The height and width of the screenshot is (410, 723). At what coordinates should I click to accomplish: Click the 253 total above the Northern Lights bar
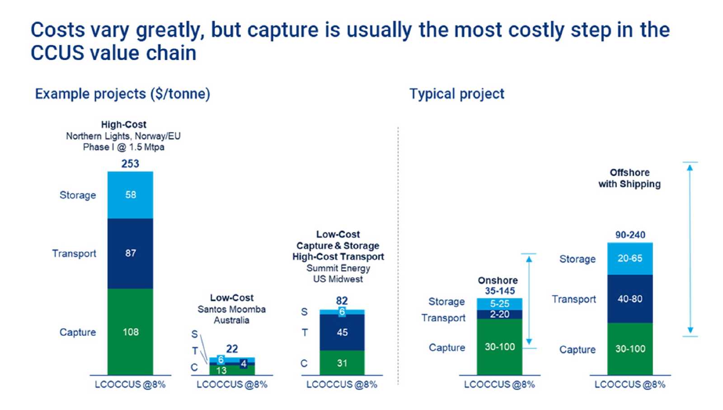(x=130, y=164)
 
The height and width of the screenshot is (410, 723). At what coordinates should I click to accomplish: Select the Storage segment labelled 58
(x=130, y=195)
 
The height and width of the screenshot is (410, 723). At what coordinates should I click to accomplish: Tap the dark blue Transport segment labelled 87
(x=130, y=253)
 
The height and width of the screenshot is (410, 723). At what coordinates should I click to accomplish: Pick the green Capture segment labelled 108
(x=130, y=332)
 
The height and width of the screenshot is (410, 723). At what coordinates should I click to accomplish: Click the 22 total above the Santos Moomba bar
(x=232, y=349)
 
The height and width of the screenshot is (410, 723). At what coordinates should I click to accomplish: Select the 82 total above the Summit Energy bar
(x=342, y=301)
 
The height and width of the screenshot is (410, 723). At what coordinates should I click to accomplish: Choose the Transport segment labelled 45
(x=342, y=332)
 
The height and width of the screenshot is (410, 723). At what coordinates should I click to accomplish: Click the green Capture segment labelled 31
(x=342, y=363)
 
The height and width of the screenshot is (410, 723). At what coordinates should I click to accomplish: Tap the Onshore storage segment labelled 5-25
(x=499, y=304)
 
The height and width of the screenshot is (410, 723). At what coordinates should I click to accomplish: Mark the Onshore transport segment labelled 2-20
(x=499, y=314)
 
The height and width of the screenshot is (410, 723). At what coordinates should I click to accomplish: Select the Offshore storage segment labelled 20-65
(x=630, y=259)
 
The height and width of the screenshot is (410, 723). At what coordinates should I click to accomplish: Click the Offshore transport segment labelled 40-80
(x=630, y=299)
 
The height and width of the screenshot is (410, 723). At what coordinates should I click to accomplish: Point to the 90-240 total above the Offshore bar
(x=630, y=235)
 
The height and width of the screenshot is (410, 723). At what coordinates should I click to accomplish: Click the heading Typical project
(x=456, y=94)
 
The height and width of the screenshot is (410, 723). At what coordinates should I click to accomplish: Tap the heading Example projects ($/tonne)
(x=122, y=94)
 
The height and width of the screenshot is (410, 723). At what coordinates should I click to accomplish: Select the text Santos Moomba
(x=231, y=310)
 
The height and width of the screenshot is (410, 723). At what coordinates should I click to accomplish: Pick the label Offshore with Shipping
(x=629, y=178)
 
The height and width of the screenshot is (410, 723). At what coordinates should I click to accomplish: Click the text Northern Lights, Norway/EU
(x=123, y=136)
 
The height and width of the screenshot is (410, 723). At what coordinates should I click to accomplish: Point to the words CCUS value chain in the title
(x=113, y=53)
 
